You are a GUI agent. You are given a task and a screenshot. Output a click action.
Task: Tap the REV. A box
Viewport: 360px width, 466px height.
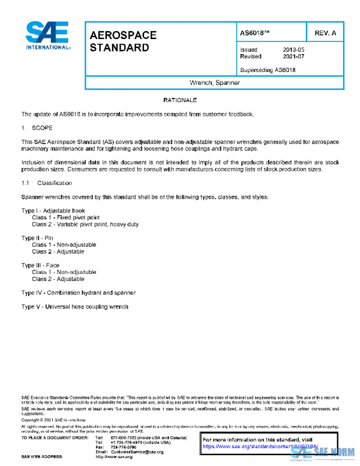[x=325, y=32]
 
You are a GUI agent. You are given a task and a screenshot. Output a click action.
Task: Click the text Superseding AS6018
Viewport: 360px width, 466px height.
[x=268, y=70]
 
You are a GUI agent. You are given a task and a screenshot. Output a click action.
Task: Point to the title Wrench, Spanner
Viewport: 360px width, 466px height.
[x=214, y=83]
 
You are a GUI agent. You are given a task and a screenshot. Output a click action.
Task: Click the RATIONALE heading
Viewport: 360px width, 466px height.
[x=180, y=100]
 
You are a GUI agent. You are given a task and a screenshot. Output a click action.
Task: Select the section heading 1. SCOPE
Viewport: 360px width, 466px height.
[x=37, y=128]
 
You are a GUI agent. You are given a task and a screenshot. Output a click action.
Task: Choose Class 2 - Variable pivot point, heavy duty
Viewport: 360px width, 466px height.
[x=85, y=224]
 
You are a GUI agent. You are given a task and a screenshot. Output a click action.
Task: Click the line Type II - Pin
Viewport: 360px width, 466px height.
[x=37, y=238]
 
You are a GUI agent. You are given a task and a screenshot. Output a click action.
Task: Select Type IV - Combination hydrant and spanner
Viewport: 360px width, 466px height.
[x=79, y=292]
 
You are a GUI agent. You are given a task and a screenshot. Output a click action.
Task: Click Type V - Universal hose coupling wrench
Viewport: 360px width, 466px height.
[x=74, y=307]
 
